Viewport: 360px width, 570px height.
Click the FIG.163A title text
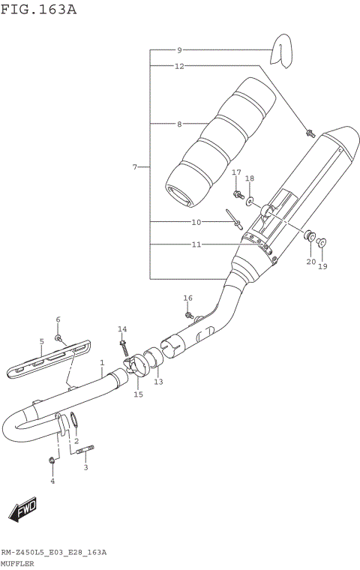coord(38,10)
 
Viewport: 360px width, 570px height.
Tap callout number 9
coord(180,50)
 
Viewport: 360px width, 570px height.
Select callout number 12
coord(180,66)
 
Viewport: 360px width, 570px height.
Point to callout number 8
coord(180,123)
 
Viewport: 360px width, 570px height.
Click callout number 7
coord(135,166)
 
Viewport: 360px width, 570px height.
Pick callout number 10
coord(197,222)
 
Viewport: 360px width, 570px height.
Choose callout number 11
coord(197,244)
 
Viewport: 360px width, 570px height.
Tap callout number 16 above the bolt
coord(188,298)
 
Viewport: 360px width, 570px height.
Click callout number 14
coord(122,329)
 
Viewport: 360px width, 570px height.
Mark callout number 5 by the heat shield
coord(42,342)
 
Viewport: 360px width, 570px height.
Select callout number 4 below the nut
coord(52,481)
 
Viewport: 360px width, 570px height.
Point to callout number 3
coord(85,467)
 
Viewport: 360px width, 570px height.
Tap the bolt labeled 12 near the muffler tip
coord(310,134)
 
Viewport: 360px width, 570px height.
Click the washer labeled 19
coord(321,242)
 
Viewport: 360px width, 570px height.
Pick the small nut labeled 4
coord(51,459)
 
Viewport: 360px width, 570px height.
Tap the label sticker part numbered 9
coord(280,49)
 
